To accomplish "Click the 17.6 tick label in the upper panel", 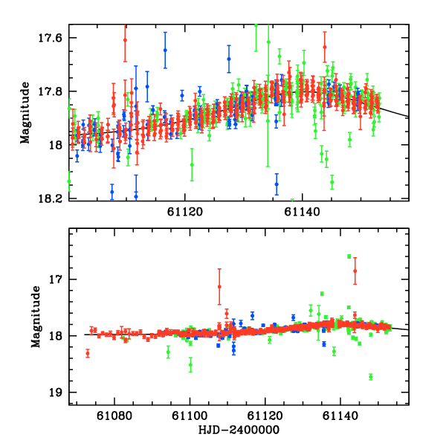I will [54, 38].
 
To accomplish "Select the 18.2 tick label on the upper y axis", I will [54, 198].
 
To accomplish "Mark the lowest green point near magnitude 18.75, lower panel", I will [370, 377].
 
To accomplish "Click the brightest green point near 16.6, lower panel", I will [349, 256].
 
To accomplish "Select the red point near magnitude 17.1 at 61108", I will [219, 287].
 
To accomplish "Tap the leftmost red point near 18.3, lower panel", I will [88, 353].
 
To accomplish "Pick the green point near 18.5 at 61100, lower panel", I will [191, 364].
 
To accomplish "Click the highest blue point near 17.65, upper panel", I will [165, 50].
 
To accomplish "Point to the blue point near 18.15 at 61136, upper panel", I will [277, 184].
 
